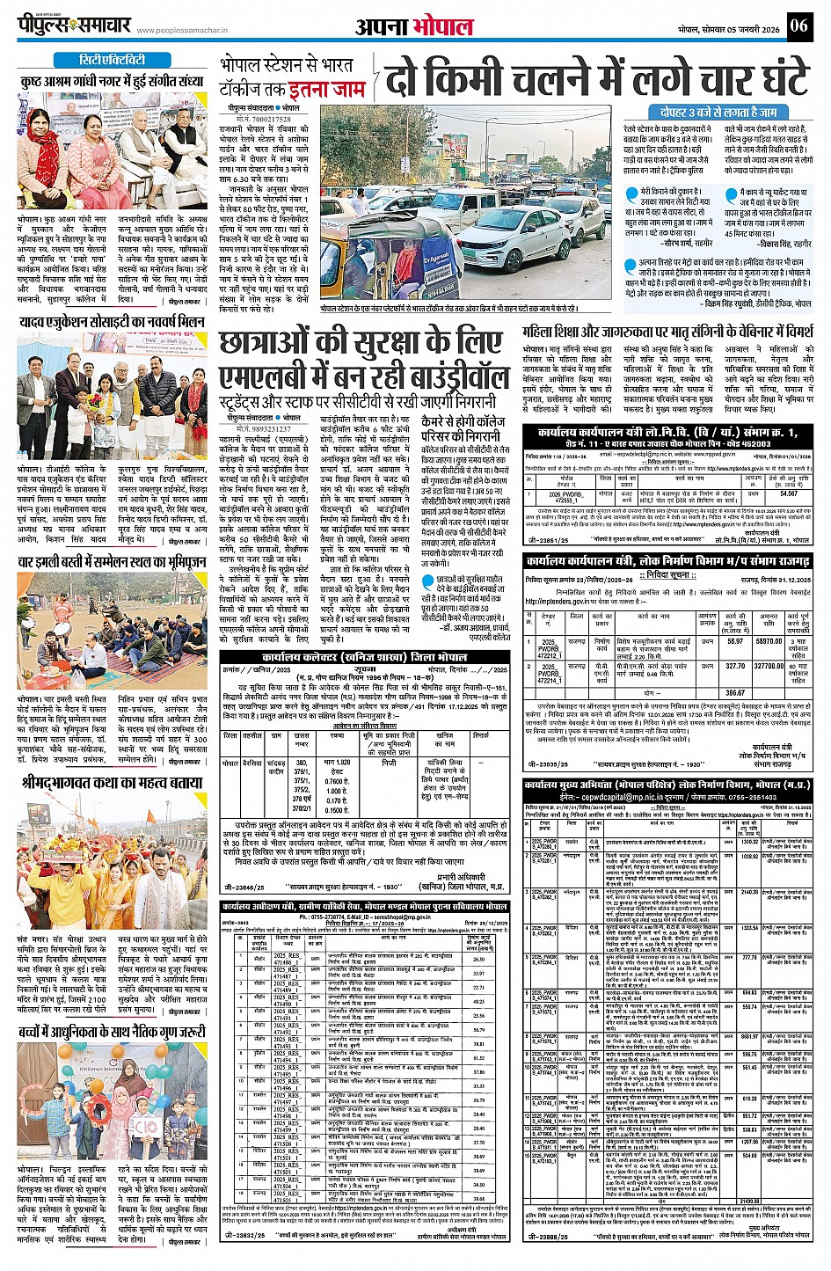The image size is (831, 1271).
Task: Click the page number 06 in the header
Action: pos(798,26)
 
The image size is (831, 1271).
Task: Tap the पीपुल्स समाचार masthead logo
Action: pos(76,25)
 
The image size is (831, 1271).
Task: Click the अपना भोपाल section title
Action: pos(414,26)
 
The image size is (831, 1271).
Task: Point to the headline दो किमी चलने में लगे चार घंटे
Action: pos(596,77)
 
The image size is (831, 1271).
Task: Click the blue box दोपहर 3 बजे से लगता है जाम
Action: pos(718,113)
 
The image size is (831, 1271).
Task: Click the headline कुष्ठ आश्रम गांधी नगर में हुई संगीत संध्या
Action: pos(111,81)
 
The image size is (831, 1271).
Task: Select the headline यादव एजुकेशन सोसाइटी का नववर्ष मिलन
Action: pos(111,323)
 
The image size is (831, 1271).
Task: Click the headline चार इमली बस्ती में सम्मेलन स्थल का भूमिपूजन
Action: pos(111,560)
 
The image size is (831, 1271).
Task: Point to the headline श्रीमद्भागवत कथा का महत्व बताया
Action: pos(111,782)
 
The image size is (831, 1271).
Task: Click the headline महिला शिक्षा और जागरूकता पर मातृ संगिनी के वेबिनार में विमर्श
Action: pos(667,333)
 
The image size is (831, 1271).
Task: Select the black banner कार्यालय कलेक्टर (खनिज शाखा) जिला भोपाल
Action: pos(363,657)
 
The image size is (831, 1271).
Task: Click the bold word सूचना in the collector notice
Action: pos(363,669)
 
